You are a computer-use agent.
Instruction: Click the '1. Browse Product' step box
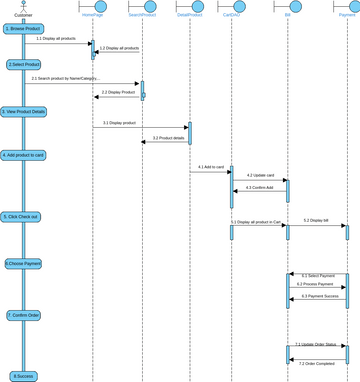click(x=23, y=29)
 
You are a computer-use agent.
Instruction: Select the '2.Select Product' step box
click(x=23, y=64)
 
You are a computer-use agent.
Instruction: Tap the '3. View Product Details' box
click(x=23, y=111)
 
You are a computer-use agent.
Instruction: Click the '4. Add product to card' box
click(x=23, y=155)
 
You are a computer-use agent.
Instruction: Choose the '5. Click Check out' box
click(x=23, y=216)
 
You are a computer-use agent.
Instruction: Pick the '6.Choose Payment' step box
click(x=23, y=264)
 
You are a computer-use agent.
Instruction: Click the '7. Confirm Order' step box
click(x=23, y=315)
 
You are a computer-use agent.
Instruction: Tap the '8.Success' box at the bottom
click(x=23, y=375)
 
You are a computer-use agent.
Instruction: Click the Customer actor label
click(x=23, y=15)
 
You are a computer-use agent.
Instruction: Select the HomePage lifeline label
click(x=93, y=17)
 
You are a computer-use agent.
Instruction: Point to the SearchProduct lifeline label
click(x=141, y=17)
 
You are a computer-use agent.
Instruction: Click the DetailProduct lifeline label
click(x=190, y=17)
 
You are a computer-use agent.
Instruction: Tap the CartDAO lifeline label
click(x=232, y=17)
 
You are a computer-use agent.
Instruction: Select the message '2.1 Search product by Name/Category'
click(x=65, y=78)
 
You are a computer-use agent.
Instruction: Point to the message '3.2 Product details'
click(x=168, y=138)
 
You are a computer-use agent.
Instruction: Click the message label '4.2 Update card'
click(x=260, y=175)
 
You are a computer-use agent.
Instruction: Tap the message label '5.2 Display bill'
click(x=317, y=220)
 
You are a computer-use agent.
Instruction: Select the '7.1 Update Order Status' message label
click(x=317, y=343)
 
